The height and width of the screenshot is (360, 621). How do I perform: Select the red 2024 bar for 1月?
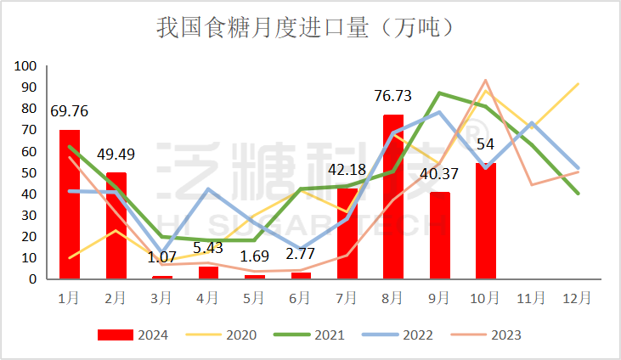[70, 204]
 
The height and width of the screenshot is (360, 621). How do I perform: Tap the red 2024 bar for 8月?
[393, 196]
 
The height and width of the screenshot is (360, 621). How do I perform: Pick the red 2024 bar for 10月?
[486, 221]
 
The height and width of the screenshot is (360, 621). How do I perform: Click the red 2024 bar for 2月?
[116, 225]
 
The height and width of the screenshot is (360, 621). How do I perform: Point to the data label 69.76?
[70, 111]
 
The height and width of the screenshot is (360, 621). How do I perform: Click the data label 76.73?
[393, 96]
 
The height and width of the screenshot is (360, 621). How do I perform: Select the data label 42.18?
[347, 170]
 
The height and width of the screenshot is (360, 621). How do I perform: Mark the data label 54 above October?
[485, 144]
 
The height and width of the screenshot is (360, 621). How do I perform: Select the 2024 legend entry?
[133, 335]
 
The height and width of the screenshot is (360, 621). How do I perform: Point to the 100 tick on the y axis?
[26, 66]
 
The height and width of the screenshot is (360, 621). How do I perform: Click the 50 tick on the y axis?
[30, 172]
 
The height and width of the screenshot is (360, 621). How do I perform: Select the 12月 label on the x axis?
[578, 298]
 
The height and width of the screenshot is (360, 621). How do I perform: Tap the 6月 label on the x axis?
[301, 298]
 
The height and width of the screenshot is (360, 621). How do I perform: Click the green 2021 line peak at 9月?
[439, 93]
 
